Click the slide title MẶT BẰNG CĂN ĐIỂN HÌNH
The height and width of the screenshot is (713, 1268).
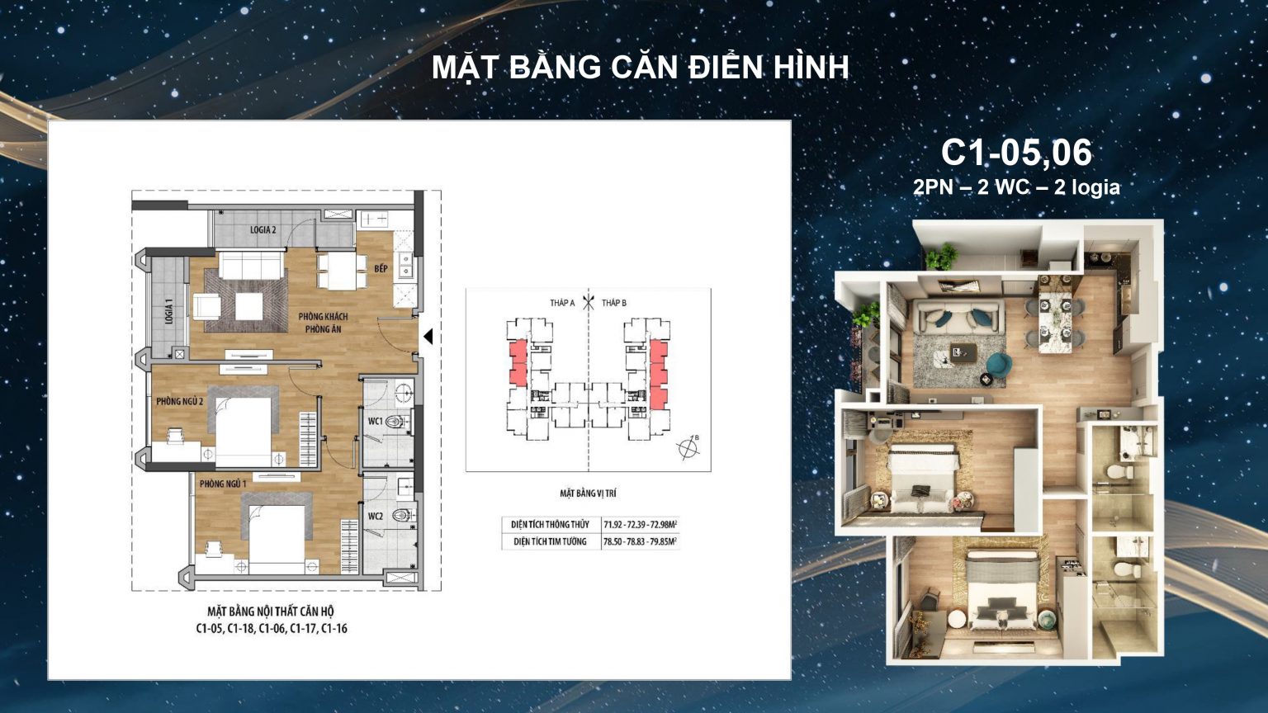click(x=640, y=68)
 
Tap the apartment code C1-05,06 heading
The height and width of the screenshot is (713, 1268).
click(x=1016, y=153)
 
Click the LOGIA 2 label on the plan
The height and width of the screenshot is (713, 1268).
click(x=263, y=229)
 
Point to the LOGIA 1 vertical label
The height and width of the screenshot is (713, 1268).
click(x=169, y=310)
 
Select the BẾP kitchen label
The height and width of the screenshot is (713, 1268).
click(x=381, y=269)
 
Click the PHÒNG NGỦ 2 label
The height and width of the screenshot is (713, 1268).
click(x=179, y=401)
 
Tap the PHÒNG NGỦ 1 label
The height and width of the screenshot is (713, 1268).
click(x=222, y=484)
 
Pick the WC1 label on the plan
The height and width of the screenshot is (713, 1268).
click(x=375, y=421)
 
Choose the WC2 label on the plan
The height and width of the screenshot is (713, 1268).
click(x=375, y=516)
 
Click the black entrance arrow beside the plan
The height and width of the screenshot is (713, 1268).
click(x=428, y=337)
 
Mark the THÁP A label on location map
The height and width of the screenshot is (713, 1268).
click(x=562, y=303)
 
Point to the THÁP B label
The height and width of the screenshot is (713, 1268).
click(x=613, y=303)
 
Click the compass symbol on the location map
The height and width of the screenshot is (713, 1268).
click(x=687, y=448)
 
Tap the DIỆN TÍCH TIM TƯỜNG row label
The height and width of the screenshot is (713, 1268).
click(x=550, y=541)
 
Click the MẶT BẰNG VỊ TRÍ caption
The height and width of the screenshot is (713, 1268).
click(x=588, y=493)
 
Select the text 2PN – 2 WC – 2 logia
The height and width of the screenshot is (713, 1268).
click(x=1016, y=187)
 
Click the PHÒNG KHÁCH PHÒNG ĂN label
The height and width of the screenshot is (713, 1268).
click(x=323, y=323)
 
